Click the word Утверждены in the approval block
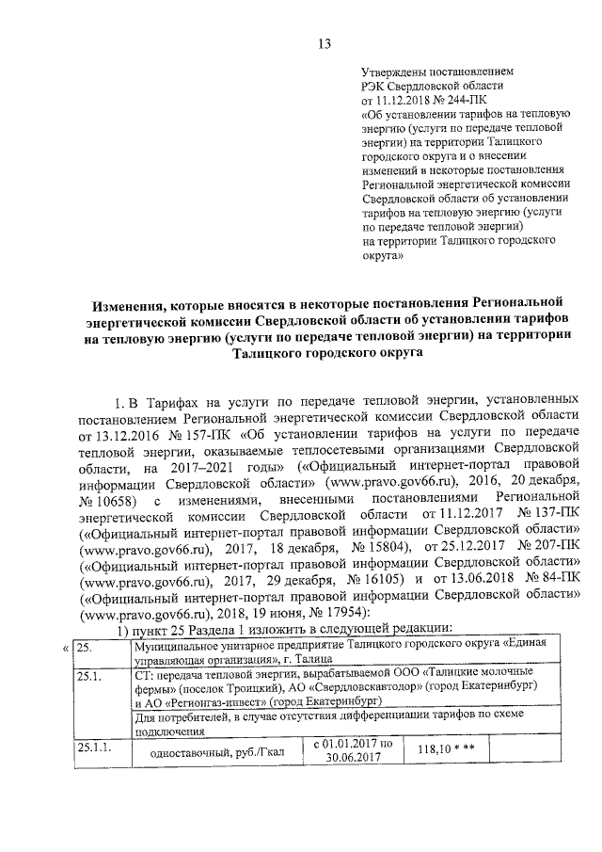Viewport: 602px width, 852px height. [394, 71]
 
